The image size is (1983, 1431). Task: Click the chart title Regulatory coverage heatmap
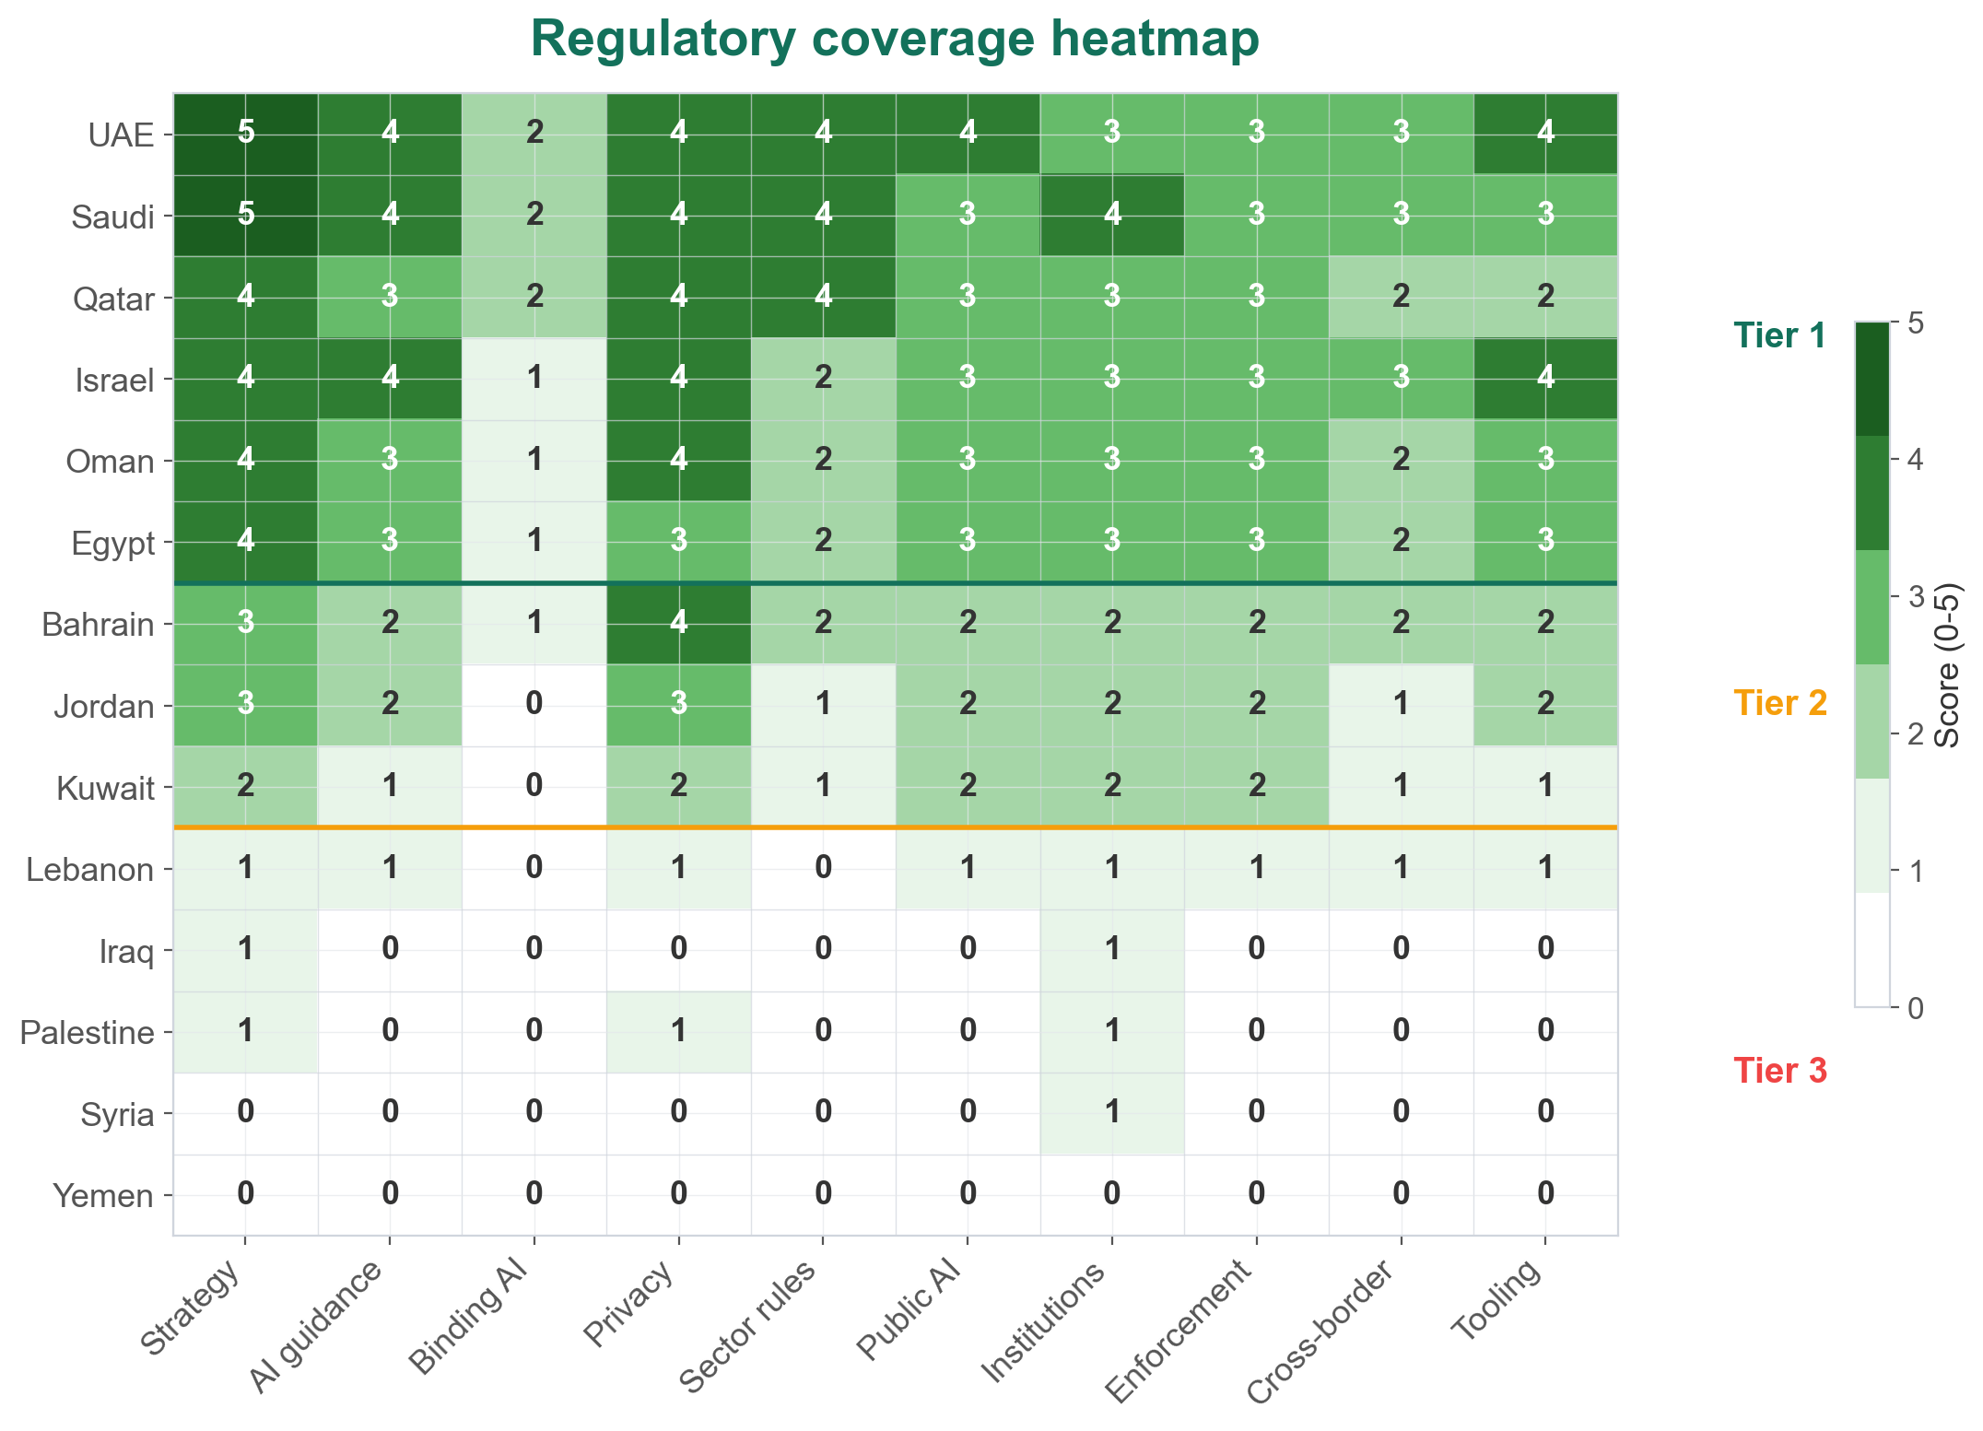[894, 40]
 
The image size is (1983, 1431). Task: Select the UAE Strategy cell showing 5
[246, 134]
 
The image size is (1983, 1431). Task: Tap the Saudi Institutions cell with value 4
[1112, 215]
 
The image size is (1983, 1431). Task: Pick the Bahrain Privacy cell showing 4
[679, 623]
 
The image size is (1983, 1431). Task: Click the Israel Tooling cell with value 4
[1545, 378]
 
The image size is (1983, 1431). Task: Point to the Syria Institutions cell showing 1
[1112, 1113]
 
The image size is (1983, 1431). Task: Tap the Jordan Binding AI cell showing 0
[534, 705]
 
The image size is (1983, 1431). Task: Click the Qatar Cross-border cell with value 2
[1401, 297]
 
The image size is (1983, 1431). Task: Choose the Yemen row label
[103, 1196]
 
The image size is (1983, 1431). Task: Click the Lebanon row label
[89, 870]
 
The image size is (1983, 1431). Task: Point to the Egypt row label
[112, 544]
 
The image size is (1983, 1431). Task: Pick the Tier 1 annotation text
[1779, 336]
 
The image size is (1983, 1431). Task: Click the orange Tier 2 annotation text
[1779, 704]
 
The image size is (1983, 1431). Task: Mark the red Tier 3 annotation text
[1779, 1071]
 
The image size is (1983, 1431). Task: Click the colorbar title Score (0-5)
[1946, 666]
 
